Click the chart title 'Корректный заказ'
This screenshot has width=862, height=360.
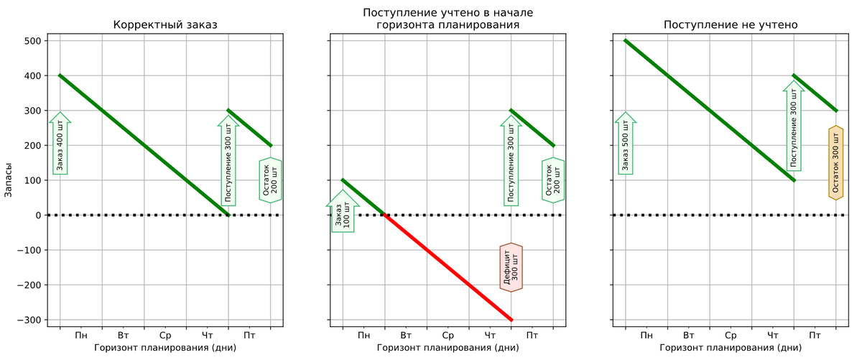pos(165,25)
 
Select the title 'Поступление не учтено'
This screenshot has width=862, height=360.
pos(731,25)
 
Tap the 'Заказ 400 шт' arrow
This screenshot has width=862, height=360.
pos(60,144)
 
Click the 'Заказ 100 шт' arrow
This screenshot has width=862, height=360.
pos(343,212)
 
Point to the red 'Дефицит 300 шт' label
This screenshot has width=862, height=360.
pos(511,267)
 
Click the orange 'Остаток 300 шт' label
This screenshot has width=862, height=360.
pos(835,162)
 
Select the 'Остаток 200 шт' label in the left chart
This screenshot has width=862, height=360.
pos(270,180)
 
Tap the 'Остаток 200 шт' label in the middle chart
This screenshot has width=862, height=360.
pos(553,180)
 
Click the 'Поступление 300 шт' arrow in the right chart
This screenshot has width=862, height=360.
pos(794,126)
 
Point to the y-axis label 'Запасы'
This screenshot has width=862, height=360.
pos(9,180)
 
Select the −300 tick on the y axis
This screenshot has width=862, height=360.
pos(27,320)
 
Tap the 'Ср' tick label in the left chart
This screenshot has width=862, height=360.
pos(165,336)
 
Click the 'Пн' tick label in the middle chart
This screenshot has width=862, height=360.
pos(363,336)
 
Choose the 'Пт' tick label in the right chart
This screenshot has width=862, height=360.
pos(815,336)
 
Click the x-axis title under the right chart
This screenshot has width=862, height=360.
pos(731,349)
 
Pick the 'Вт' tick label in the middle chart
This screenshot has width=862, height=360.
pos(406,336)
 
